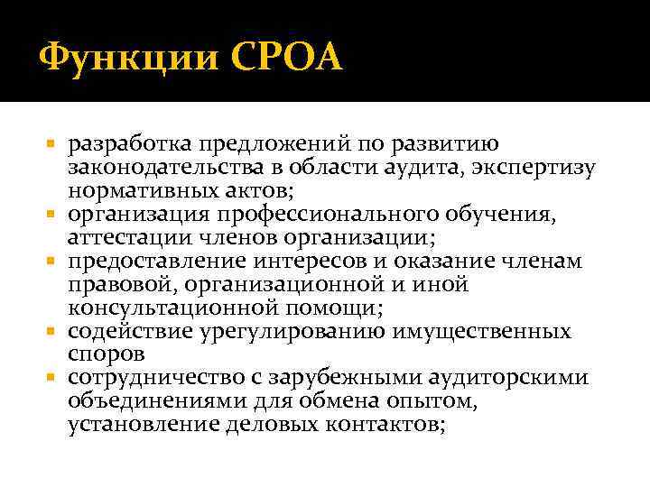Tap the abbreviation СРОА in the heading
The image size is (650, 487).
click(287, 59)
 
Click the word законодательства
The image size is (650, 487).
click(152, 169)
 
